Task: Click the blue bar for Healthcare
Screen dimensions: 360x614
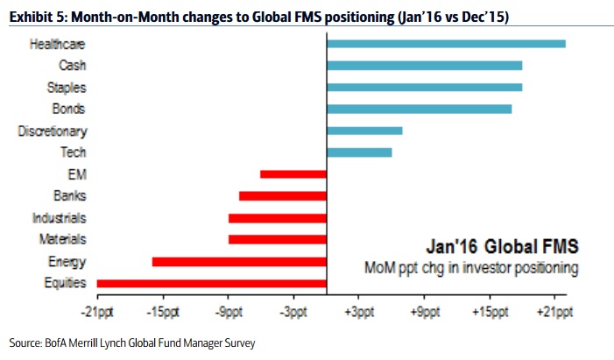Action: point(445,44)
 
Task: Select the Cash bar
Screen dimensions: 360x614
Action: point(424,66)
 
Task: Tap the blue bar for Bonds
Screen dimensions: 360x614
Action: point(419,109)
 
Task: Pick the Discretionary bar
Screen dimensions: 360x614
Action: point(363,131)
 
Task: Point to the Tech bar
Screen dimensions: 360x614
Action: point(358,152)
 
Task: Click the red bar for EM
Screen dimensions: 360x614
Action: point(293,174)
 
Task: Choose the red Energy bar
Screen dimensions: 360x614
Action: point(239,261)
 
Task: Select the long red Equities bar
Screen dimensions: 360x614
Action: point(211,283)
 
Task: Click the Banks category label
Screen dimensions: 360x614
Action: point(69,196)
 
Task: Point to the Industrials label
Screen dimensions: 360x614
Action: point(59,218)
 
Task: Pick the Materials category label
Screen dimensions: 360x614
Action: point(62,239)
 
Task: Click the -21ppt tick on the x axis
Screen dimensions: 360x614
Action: point(97,311)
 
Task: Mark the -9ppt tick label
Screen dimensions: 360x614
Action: point(229,311)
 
